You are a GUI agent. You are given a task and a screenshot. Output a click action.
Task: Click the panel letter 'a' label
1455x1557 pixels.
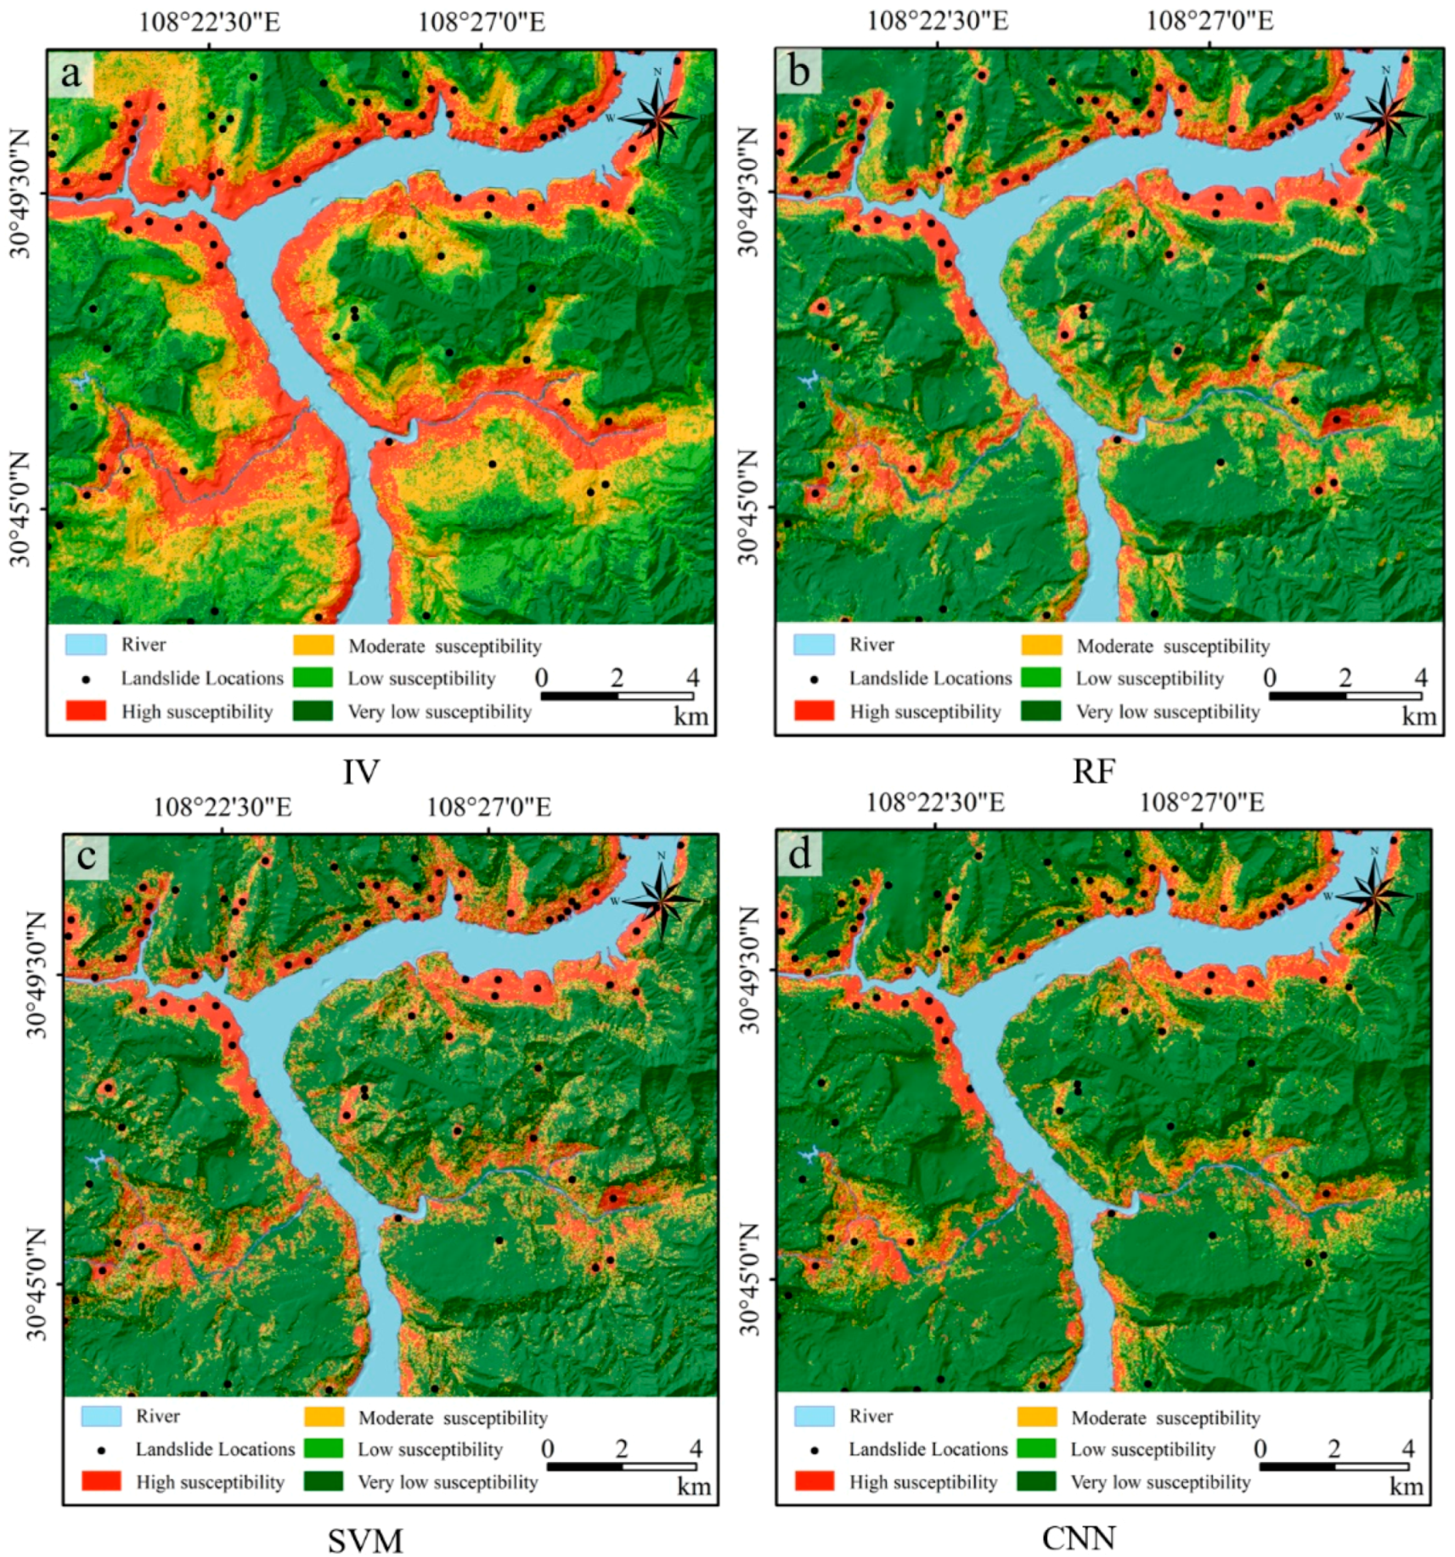point(70,74)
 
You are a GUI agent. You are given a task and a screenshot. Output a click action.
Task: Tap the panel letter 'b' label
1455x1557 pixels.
point(798,72)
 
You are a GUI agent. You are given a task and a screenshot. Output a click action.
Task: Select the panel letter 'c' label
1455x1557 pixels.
point(86,856)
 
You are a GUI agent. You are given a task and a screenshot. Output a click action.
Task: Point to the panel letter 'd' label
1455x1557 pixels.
point(799,854)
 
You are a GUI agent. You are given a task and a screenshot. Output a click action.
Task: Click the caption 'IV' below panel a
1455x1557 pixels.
point(361,772)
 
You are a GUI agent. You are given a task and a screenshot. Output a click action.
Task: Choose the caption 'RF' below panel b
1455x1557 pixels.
point(1093,772)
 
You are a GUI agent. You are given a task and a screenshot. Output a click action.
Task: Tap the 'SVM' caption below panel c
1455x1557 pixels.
point(365,1541)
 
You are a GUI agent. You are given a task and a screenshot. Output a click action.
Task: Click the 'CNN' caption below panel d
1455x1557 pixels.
point(1079,1538)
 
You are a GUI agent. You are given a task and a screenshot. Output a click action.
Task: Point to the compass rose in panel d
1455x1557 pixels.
point(1374,894)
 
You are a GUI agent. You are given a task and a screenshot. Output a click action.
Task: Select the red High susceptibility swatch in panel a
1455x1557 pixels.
point(86,710)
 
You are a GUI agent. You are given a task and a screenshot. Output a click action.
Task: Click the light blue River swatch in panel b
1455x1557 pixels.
point(814,645)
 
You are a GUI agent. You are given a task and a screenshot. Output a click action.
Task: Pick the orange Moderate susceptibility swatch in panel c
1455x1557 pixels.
point(324,1417)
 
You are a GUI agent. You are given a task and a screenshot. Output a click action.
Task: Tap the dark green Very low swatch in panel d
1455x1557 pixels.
point(1036,1481)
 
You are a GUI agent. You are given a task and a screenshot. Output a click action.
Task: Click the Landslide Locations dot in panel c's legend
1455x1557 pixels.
point(101,1450)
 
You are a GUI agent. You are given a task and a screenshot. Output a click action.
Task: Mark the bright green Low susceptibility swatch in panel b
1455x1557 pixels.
point(1041,678)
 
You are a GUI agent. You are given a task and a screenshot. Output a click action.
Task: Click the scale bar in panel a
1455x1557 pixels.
point(617,696)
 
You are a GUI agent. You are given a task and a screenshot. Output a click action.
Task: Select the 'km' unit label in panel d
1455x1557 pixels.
point(1406,1486)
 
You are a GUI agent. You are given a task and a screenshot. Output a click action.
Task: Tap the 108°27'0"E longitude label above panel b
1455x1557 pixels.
point(1210,20)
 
